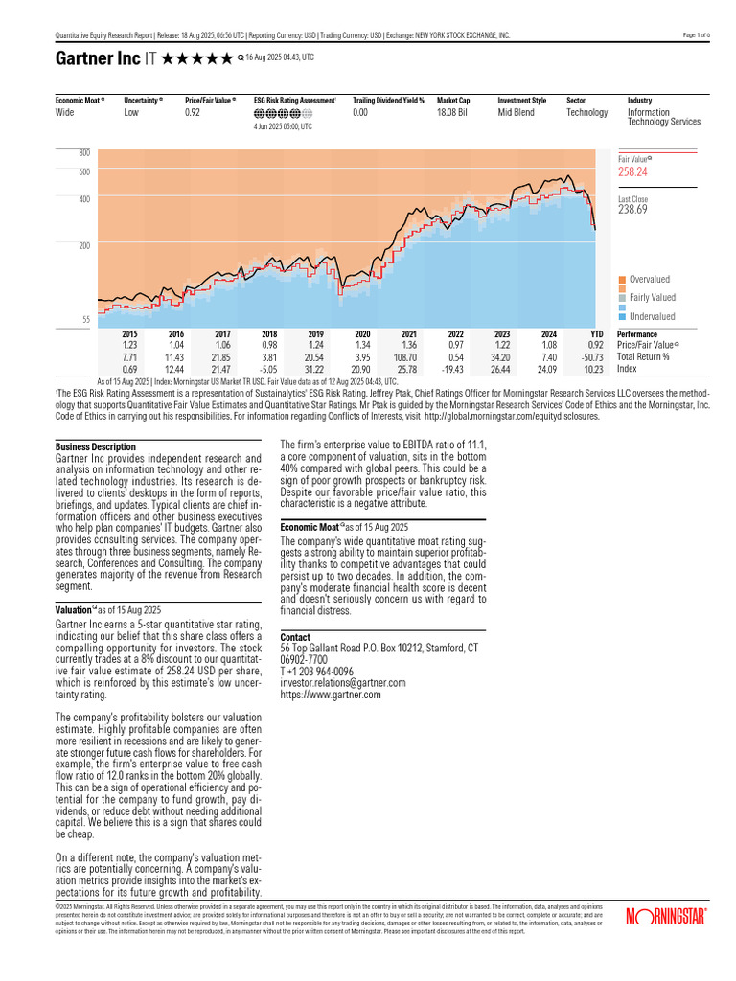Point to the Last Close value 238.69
tap(632, 209)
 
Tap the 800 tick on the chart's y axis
tap(83, 153)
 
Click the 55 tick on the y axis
tap(85, 319)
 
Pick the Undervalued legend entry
tap(652, 316)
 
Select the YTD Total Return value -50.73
tap(596, 355)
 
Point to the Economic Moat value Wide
tap(65, 112)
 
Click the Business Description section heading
tap(96, 446)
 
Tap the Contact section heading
tap(295, 637)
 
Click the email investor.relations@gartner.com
tap(342, 683)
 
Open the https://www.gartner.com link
tap(330, 695)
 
